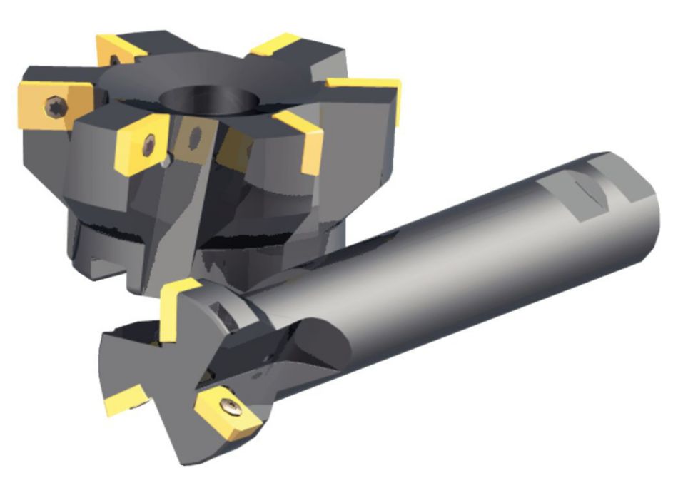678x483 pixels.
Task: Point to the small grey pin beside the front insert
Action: tap(166, 163)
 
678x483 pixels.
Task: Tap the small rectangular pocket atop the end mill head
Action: tap(225, 314)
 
